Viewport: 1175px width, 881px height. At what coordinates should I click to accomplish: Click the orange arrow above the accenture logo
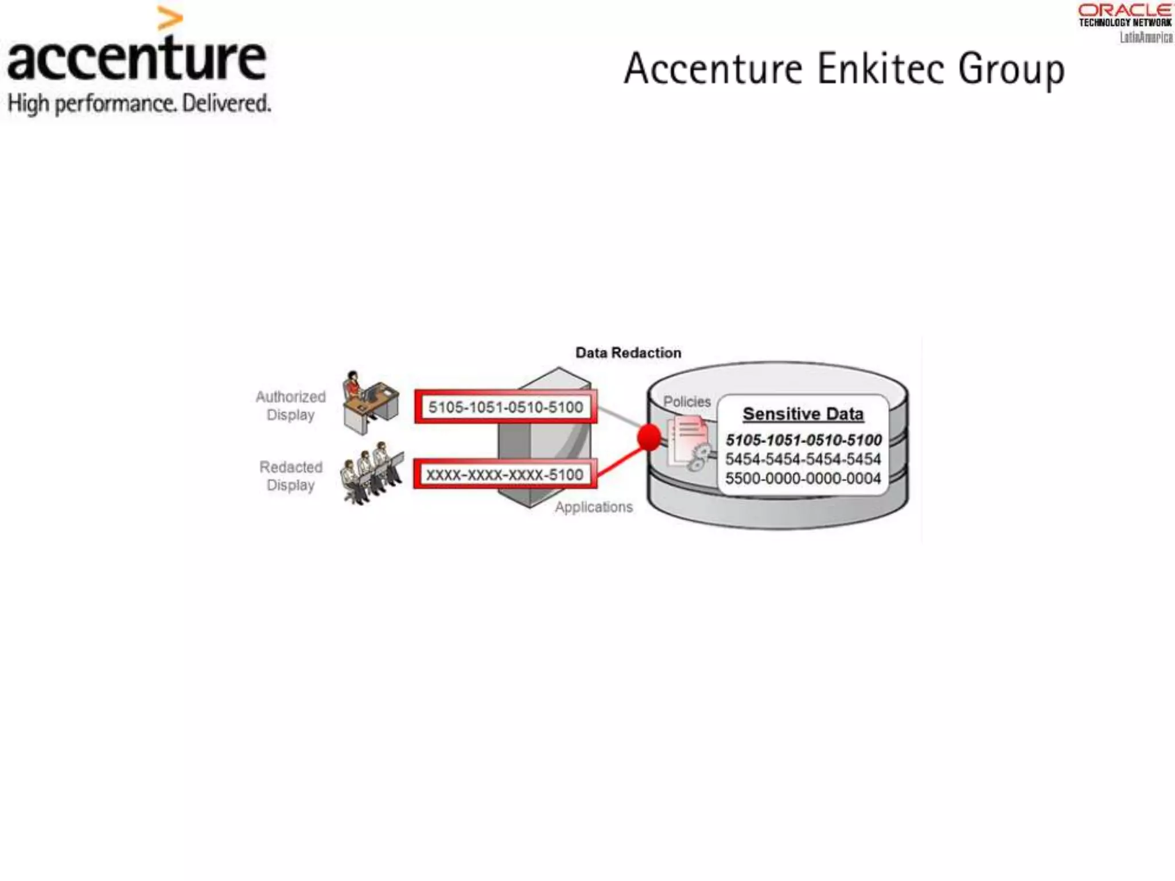(x=170, y=18)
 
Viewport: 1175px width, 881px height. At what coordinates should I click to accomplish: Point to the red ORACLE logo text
(x=1125, y=10)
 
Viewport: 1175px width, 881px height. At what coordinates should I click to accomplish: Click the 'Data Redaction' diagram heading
(x=628, y=353)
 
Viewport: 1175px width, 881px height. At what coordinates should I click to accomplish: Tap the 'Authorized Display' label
(x=290, y=406)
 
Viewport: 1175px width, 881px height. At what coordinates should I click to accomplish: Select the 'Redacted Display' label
(x=291, y=476)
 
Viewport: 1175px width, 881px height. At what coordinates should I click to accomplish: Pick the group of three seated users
(x=372, y=473)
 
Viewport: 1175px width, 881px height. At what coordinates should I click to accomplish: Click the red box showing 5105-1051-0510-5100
(x=505, y=407)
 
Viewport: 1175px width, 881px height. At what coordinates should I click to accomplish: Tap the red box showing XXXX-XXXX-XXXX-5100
(x=504, y=475)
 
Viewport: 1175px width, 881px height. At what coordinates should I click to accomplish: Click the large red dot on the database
(x=649, y=438)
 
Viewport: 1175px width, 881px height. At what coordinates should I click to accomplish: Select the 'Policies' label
(x=687, y=401)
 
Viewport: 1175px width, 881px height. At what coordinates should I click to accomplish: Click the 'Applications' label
(x=594, y=507)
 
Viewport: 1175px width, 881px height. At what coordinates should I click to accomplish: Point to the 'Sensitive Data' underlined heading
(x=803, y=414)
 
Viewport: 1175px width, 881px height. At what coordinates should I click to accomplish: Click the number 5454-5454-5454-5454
(x=803, y=459)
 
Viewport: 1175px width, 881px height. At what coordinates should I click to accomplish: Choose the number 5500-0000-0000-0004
(x=803, y=478)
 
